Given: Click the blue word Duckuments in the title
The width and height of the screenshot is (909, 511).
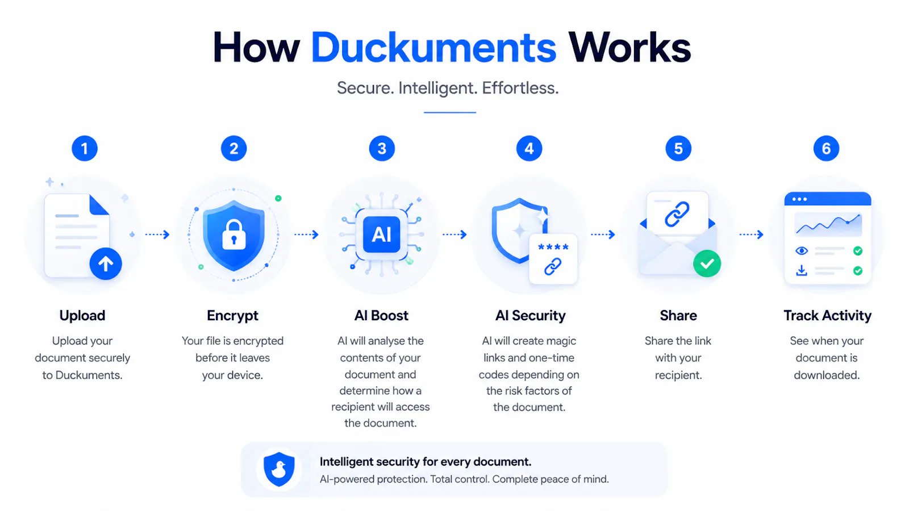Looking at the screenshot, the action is point(433,48).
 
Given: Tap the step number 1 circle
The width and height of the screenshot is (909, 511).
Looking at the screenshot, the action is point(85,148).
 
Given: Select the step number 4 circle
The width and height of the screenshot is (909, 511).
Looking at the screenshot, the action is point(529,148).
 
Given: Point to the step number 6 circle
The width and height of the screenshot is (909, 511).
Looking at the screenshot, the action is point(826,148).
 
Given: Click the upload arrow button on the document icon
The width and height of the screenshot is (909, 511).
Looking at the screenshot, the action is point(106,264).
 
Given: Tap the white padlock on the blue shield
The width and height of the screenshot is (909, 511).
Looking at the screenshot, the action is point(234,234).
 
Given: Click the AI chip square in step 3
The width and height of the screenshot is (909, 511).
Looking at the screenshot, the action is point(381,234).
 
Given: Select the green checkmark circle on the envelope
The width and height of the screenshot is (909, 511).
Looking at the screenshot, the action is point(707,263).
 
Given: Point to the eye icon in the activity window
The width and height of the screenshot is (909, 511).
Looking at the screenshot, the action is point(802,250).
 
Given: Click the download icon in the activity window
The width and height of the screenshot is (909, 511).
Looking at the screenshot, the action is point(802,270).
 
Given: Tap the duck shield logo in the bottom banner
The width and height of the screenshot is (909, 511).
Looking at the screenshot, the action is point(279,469).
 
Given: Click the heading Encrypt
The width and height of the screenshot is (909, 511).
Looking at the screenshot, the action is point(232,316).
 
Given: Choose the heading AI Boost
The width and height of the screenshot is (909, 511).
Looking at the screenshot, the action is point(381,316).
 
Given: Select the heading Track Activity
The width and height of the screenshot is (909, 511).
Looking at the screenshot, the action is point(827,316).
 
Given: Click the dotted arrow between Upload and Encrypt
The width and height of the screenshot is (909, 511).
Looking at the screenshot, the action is point(157,234).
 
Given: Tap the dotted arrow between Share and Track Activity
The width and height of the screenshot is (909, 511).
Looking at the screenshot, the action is point(752,234).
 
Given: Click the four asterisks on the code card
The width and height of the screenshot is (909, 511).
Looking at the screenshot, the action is point(553,246).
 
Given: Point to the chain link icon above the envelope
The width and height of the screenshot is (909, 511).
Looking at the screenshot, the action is point(677,213).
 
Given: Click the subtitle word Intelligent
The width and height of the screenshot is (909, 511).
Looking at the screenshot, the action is point(437,88).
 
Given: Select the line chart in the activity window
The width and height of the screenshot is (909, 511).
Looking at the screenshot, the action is point(828,224).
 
